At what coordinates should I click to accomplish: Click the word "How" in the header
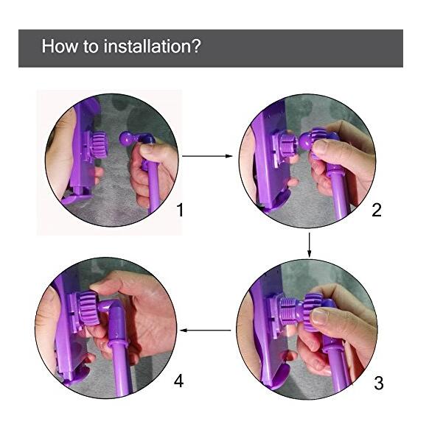coord(60,46)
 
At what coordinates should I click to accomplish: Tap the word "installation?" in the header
coord(153,46)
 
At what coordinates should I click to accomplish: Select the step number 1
coord(180,210)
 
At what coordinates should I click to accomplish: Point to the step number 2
coord(377,210)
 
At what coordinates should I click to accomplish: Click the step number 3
coord(379,383)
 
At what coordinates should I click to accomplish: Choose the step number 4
coord(178,381)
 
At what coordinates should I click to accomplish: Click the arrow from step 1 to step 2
coord(207,156)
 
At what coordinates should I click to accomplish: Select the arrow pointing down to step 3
coord(310,245)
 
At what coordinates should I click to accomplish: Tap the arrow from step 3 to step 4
coord(206,331)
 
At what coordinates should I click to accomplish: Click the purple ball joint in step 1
coord(126,138)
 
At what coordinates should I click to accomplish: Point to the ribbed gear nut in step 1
coord(98,145)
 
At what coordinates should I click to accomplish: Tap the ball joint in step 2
coord(305,141)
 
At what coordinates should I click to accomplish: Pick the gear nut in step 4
coord(88,308)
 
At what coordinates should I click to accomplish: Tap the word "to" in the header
coord(91,46)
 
